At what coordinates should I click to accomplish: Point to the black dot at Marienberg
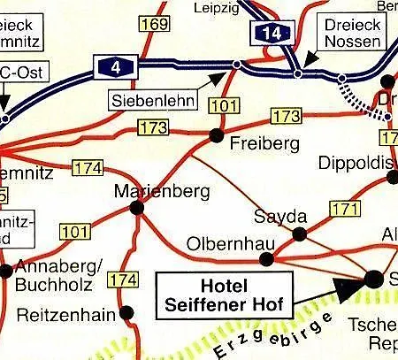coord(136,207)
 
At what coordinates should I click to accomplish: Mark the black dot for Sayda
coord(299,234)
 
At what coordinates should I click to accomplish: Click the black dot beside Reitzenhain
coord(127,312)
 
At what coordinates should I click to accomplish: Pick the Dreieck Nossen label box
coord(351,33)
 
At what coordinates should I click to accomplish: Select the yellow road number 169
coord(155,24)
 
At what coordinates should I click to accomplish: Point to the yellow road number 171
coord(345,210)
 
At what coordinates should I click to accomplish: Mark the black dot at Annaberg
coord(6,270)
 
